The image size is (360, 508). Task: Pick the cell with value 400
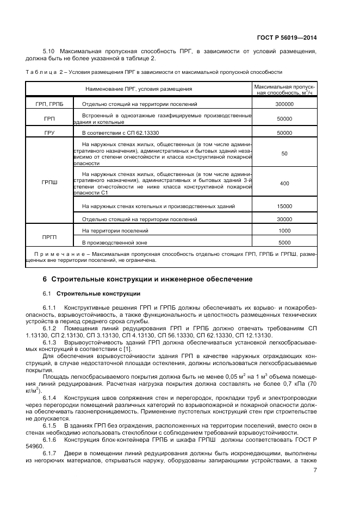(284, 183)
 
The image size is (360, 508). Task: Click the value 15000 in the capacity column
(284, 206)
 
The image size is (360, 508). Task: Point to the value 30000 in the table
(284, 219)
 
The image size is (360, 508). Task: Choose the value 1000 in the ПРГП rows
(284, 231)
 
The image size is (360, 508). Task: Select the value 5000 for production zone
(284, 242)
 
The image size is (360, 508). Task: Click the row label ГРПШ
(49, 183)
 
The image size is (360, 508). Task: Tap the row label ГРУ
(49, 132)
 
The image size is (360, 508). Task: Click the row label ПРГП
(49, 237)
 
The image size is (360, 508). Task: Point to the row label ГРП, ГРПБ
(49, 104)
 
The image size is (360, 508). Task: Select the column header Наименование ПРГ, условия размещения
(138, 89)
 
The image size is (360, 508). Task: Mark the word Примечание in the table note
(58, 254)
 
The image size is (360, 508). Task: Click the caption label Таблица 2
(45, 71)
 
